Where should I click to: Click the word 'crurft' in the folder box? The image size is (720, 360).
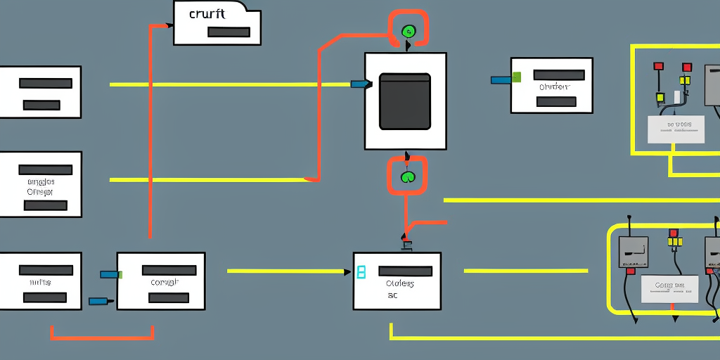click(x=207, y=14)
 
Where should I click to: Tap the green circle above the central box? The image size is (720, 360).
click(x=408, y=31)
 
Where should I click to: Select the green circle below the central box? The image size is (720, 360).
click(x=408, y=176)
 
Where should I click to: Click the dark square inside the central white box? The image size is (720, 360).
click(x=405, y=101)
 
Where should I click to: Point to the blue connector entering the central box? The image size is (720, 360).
click(x=359, y=84)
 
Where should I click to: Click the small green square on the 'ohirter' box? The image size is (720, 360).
click(x=517, y=77)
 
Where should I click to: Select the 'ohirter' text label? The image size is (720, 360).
click(x=553, y=87)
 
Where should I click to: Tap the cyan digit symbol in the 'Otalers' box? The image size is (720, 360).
click(x=361, y=272)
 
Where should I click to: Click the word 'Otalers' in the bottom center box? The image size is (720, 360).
click(x=399, y=284)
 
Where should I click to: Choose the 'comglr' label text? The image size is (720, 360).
click(x=165, y=282)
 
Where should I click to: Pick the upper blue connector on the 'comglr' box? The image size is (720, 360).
click(x=110, y=274)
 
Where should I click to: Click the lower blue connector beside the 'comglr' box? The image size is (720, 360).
click(x=98, y=301)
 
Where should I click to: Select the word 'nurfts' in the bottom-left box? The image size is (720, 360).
click(x=40, y=282)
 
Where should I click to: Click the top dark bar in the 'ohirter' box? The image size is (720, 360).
click(x=559, y=75)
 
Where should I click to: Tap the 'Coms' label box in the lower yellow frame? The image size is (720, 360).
click(x=669, y=288)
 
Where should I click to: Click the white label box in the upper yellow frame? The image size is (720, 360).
click(x=676, y=129)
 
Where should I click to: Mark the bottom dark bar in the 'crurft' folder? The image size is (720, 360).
click(x=229, y=32)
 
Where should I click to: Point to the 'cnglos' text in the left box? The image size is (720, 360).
click(x=40, y=181)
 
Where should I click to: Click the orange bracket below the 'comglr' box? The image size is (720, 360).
click(x=102, y=337)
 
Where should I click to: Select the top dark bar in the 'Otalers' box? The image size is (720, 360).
click(x=405, y=271)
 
